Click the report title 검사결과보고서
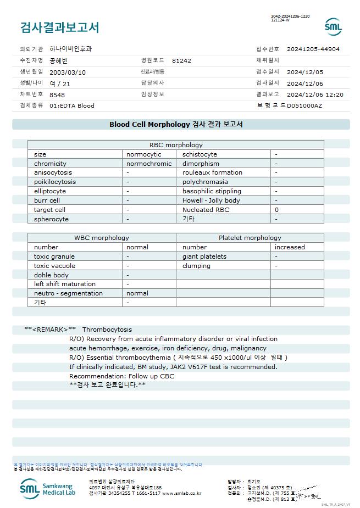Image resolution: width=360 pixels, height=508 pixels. [59, 27]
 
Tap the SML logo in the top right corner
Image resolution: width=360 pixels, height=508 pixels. [333, 26]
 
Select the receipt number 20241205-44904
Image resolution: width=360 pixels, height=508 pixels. [313, 49]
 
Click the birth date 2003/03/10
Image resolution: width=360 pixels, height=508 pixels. [68, 72]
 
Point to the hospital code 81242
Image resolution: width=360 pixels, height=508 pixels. [181, 60]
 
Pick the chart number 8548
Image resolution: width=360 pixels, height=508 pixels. [57, 94]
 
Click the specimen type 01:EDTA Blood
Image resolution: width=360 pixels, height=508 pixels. [72, 105]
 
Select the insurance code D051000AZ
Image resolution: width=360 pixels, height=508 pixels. [304, 105]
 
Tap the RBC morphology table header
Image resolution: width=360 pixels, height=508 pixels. [176, 145]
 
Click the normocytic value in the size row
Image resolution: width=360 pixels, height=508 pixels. [144, 154]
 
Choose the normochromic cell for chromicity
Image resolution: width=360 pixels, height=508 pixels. [149, 164]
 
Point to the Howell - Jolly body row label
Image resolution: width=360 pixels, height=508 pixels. [211, 200]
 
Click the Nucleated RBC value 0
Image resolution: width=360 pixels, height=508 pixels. [276, 210]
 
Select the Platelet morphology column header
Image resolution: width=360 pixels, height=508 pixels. [250, 238]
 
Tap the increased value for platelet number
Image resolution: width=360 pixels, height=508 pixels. [290, 247]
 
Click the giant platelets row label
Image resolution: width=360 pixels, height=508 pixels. [204, 256]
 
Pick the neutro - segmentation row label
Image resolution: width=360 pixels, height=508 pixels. [68, 293]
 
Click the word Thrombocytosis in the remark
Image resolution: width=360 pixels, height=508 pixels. [107, 330]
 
